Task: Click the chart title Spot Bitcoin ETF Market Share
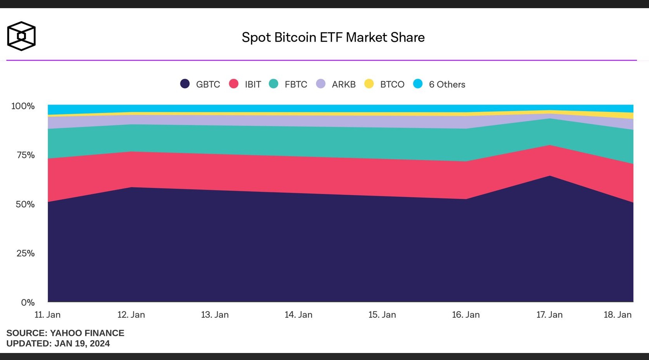click(333, 37)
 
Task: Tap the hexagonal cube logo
click(21, 36)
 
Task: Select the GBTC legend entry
click(201, 84)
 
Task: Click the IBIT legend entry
click(245, 84)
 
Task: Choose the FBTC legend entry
click(288, 84)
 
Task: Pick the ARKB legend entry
click(336, 84)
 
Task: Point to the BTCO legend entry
click(385, 84)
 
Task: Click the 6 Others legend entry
click(440, 84)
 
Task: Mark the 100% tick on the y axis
click(23, 106)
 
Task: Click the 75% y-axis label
click(26, 155)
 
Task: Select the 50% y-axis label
click(25, 204)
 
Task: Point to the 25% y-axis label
click(26, 253)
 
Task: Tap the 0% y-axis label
click(28, 303)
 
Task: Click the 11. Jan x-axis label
click(47, 315)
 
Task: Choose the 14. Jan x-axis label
click(298, 315)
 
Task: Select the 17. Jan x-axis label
click(550, 315)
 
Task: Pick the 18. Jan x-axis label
click(618, 315)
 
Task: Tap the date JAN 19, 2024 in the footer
click(82, 344)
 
